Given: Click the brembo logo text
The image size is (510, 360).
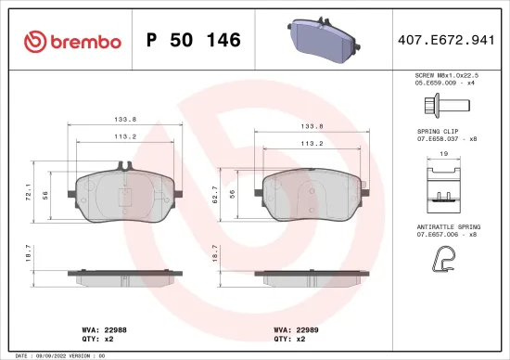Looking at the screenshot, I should coord(74,41).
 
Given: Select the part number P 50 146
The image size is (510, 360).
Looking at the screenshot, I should coord(194,41).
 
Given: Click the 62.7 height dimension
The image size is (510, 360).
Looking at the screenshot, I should coord(216,198).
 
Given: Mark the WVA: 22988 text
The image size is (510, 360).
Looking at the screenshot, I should coord(104,328).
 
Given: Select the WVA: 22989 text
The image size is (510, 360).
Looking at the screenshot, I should coord(295,328).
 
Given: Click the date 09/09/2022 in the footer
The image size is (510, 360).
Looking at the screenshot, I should coord(59,355).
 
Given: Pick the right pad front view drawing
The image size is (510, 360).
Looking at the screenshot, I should coord(316,195).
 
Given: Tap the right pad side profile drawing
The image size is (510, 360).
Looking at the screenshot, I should coord(316,277).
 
